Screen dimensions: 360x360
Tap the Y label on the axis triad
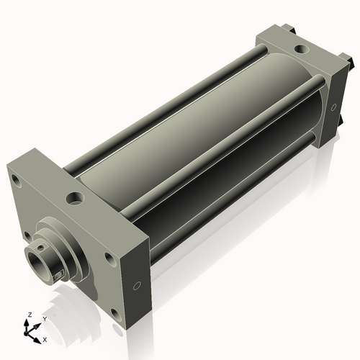click(44, 319)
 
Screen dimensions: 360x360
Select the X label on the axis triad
click(45, 338)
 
